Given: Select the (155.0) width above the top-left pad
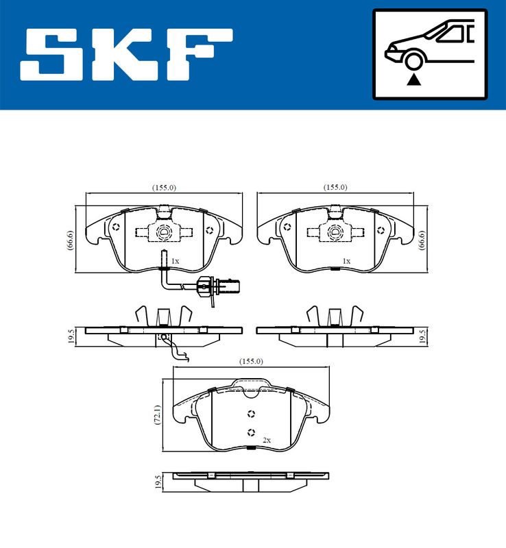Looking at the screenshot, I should click(x=164, y=188).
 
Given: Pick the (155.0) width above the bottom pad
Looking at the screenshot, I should click(x=251, y=362).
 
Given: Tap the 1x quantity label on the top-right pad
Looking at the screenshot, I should click(x=347, y=261).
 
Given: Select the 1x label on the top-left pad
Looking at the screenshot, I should click(x=175, y=261).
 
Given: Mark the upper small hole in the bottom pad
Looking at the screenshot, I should click(x=251, y=413).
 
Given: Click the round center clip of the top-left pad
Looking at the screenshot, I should click(x=165, y=232).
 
